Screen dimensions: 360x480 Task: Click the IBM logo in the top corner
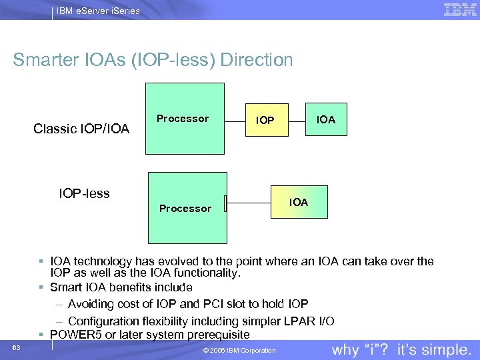point(460,9)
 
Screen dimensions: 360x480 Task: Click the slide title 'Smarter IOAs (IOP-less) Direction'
point(153,60)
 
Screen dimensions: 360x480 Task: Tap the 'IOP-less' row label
point(84,194)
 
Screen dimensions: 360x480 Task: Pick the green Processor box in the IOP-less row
point(187,207)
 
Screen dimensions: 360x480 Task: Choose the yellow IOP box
point(265,121)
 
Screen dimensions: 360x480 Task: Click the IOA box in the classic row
point(326,119)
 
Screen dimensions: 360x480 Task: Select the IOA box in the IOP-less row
point(299,202)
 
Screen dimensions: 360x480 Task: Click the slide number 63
point(16,348)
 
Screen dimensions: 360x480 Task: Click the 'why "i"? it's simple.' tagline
point(402,350)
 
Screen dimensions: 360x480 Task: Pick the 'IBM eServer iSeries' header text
point(97,11)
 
